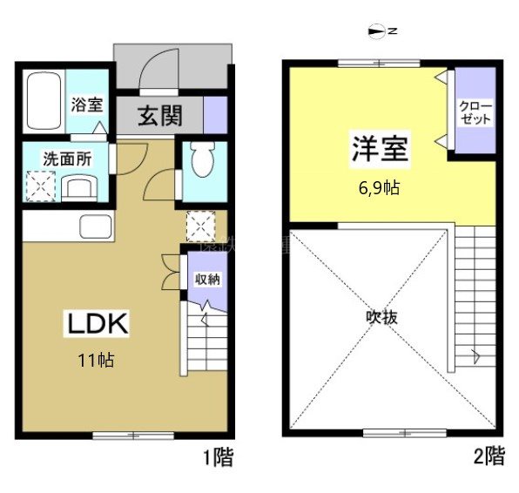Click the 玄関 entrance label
(x=158, y=115)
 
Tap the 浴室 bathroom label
(x=88, y=105)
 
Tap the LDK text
(x=98, y=324)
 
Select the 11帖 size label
(x=98, y=359)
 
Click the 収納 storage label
(x=206, y=280)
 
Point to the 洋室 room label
(x=380, y=148)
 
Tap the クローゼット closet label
(x=476, y=113)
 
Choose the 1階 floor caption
(x=218, y=456)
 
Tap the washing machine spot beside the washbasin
(x=40, y=186)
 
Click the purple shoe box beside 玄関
(x=215, y=115)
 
